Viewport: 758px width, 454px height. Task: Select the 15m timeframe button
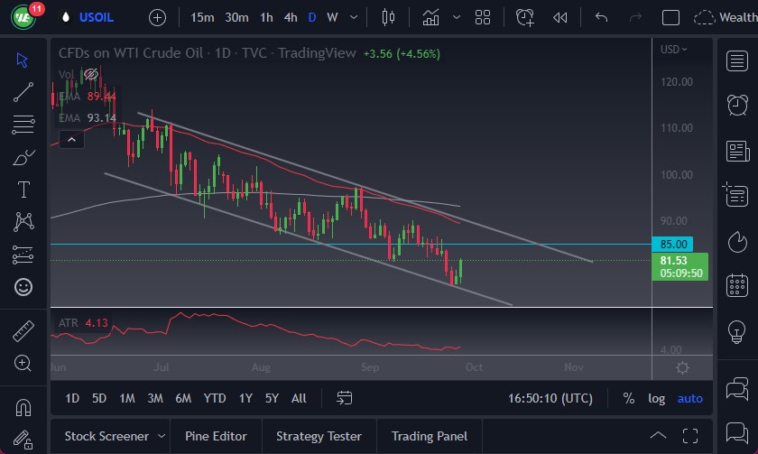click(x=203, y=17)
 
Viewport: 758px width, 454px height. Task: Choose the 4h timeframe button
click(x=290, y=17)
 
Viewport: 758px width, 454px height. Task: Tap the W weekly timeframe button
click(x=333, y=17)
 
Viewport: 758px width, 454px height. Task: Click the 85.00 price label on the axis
click(x=674, y=244)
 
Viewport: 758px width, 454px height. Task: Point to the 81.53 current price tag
click(x=674, y=261)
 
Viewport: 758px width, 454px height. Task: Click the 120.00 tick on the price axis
click(x=676, y=81)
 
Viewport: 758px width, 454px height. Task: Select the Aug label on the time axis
click(x=261, y=367)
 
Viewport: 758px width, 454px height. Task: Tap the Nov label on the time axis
click(x=574, y=367)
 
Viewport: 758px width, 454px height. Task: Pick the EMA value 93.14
click(x=102, y=117)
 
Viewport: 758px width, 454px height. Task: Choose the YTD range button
click(x=215, y=398)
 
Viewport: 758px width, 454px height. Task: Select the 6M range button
click(x=183, y=398)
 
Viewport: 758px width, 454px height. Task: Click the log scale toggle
click(x=656, y=398)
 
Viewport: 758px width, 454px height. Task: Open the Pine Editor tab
click(x=216, y=436)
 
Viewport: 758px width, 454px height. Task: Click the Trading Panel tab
click(x=430, y=436)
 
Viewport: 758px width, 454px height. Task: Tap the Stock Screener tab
click(x=106, y=436)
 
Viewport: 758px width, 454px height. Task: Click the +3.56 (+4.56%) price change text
click(x=402, y=53)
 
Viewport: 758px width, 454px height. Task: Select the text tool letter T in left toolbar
click(x=23, y=190)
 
